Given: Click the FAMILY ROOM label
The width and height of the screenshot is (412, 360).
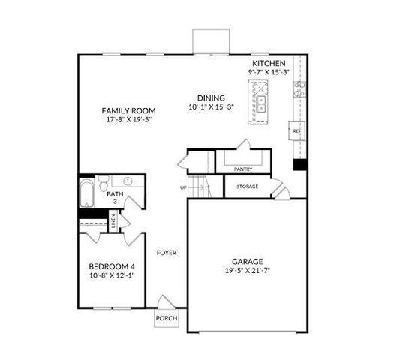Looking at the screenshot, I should point(128,111).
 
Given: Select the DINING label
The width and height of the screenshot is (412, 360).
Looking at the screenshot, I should point(211,97).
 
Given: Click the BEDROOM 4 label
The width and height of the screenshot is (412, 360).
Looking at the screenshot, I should point(112,266).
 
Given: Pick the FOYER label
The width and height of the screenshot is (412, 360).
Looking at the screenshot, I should point(166,253).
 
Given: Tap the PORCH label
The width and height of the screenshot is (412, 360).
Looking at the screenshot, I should point(166,318).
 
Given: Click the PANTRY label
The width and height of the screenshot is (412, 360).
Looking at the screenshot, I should point(242,169).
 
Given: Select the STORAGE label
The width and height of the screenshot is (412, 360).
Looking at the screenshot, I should point(247,187).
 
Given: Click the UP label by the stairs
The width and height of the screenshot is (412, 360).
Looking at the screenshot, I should point(183,187).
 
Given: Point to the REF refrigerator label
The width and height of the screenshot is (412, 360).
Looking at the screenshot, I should point(296,131).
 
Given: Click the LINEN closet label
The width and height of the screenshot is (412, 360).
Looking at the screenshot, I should point(113,220).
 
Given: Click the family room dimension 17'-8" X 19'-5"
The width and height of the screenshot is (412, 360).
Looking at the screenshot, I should point(128,119).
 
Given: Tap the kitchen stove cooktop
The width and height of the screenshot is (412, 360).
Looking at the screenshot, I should point(299,90).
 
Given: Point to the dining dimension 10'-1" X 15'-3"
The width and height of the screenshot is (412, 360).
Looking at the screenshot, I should point(211,106).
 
